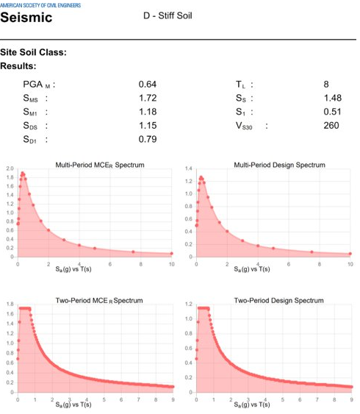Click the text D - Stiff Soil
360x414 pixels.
[168, 16]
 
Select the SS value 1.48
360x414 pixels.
[332, 98]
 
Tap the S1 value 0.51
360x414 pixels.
[332, 112]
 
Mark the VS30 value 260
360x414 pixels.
[331, 125]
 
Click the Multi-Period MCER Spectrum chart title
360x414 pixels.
[100, 165]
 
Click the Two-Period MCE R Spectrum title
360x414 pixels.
[99, 300]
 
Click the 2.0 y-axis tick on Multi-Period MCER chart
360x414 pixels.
[10, 169]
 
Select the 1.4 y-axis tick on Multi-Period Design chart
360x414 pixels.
[189, 169]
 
